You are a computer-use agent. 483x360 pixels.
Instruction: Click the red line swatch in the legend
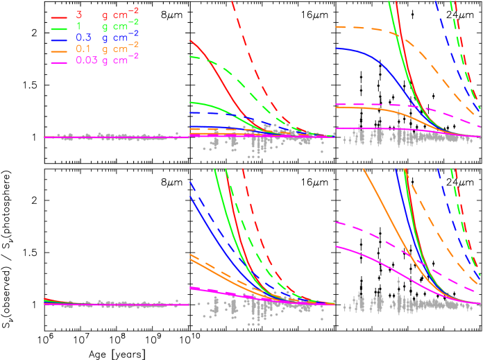(x=59, y=15)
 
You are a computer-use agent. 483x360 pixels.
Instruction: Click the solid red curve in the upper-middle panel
(x=215, y=69)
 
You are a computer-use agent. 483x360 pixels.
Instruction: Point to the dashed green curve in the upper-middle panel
(x=229, y=70)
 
